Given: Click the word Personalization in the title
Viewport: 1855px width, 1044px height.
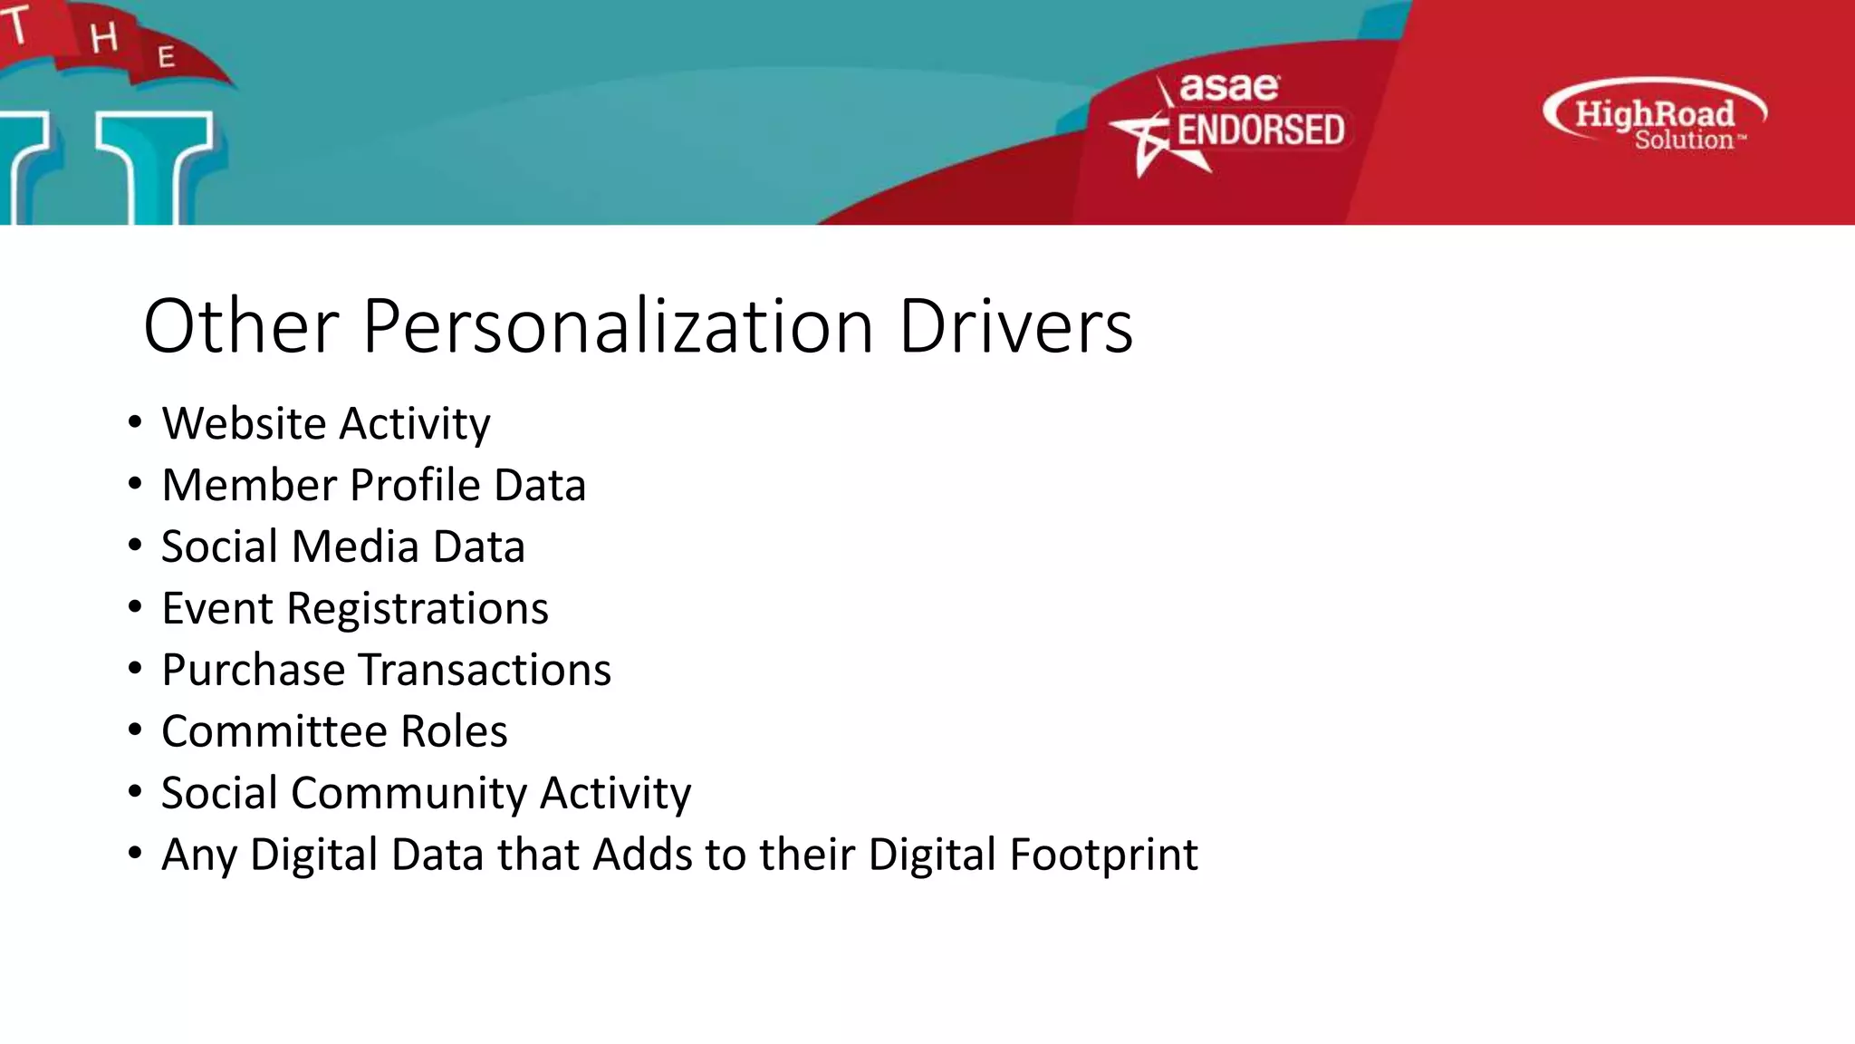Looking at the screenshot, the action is pos(618,326).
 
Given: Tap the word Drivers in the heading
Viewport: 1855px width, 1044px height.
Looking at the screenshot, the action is pos(1015,326).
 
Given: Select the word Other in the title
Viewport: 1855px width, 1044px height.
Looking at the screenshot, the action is pos(241,326).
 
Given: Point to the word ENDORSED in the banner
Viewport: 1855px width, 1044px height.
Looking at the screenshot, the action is pos(1260,130).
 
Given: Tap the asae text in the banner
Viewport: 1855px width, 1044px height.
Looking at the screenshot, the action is pos(1229,88).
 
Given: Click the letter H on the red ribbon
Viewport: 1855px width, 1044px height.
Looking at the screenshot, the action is pos(104,38).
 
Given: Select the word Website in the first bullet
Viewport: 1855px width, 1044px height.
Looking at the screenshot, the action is pos(244,424).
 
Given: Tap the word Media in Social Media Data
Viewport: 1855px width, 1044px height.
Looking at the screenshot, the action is pos(355,546).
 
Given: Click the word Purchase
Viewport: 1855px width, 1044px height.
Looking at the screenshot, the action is pos(254,671).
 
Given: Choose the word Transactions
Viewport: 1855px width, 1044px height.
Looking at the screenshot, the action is pos(485,671).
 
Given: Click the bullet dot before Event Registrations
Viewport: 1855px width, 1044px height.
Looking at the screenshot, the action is pos(135,607).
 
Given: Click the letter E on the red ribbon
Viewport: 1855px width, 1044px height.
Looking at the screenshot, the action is pos(166,57).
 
